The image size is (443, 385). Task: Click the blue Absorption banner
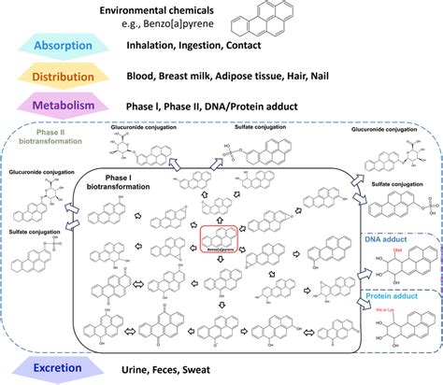click(x=64, y=46)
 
